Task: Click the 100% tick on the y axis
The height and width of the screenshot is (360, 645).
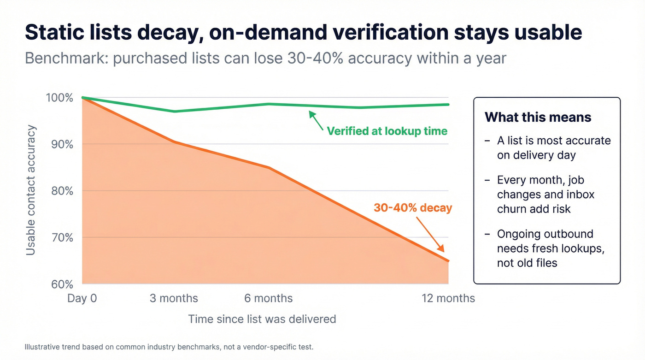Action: coord(59,98)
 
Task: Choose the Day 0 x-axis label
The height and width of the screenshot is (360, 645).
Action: coord(82,298)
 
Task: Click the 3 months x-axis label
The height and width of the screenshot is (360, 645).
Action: coord(174,298)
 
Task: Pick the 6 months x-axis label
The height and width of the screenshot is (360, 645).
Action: coord(268,298)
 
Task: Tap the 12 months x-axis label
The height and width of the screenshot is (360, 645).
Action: coord(448,298)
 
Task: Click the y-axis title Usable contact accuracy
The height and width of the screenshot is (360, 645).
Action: coord(30,190)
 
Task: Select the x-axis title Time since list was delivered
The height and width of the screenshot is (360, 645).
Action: coord(262,319)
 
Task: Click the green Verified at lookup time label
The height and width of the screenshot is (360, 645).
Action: coord(387,131)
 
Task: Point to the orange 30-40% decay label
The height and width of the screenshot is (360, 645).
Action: coord(413,208)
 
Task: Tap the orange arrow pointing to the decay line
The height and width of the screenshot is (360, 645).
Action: coord(430,234)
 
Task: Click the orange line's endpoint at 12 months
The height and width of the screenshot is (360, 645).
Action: coord(448,261)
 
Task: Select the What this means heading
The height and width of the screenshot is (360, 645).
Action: coord(538,117)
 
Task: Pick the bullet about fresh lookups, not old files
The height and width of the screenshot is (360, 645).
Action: coord(550,248)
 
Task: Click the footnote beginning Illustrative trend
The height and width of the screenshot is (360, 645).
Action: coord(169,347)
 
